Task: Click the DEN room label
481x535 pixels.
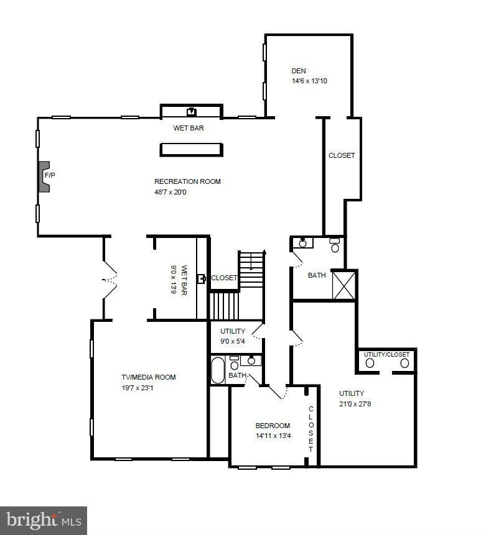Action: (x=299, y=71)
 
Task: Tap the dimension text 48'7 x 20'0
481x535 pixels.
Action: (x=170, y=192)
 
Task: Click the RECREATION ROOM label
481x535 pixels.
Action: (x=187, y=181)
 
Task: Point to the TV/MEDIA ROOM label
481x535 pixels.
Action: (x=148, y=377)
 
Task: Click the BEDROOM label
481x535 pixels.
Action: (x=273, y=426)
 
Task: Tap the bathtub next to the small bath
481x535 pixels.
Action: (x=218, y=370)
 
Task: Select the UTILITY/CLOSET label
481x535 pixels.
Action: (x=386, y=355)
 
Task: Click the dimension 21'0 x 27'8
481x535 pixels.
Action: (x=355, y=404)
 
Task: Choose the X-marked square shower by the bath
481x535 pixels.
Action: (x=344, y=285)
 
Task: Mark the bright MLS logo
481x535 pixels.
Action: (x=43, y=519)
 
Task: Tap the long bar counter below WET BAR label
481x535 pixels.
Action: (x=191, y=149)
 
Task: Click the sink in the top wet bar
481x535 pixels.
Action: (x=192, y=112)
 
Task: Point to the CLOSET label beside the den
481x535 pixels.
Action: (x=342, y=155)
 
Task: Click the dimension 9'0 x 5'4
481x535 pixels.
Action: (x=232, y=341)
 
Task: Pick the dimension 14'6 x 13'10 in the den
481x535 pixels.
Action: (x=309, y=81)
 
